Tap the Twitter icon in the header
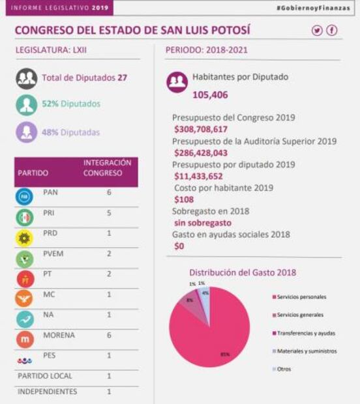[x=318, y=31]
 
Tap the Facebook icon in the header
[x=332, y=31]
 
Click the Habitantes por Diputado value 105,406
[x=210, y=95]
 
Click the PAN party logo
[x=24, y=195]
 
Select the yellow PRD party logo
[x=24, y=237]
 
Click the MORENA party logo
[x=24, y=339]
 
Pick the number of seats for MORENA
[x=108, y=336]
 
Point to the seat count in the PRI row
[x=108, y=212]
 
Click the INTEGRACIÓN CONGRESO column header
[x=107, y=168]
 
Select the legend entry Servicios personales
[x=302, y=297]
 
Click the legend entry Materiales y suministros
[x=306, y=351]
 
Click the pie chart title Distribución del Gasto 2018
[x=242, y=272]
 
